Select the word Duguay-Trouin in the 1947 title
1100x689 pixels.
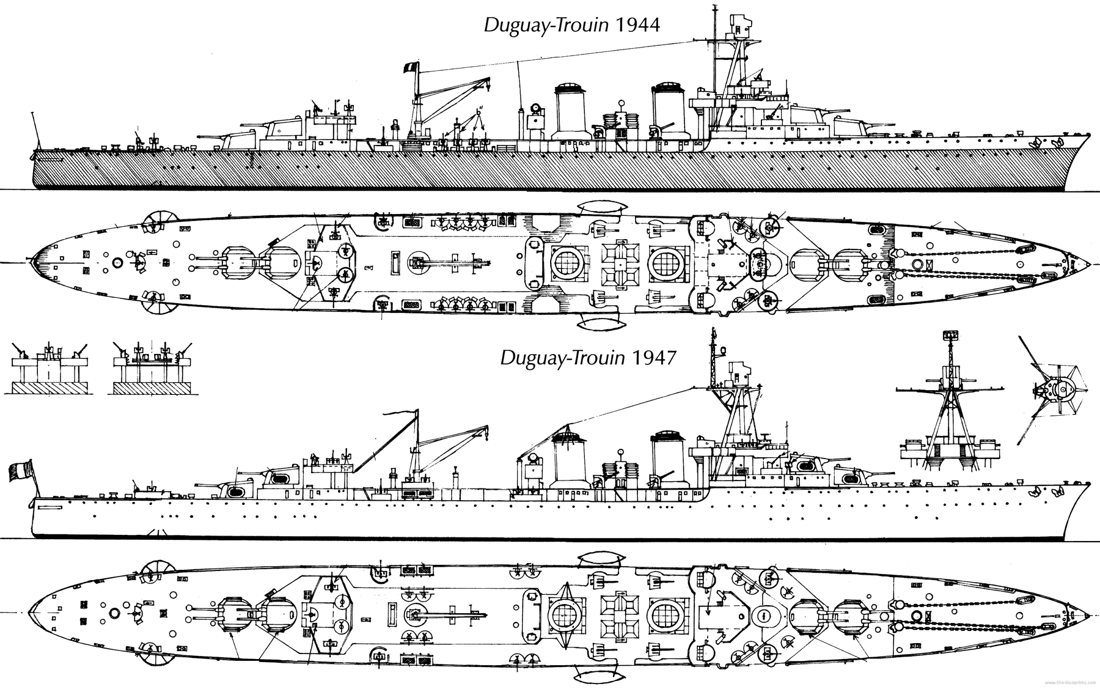(562, 357)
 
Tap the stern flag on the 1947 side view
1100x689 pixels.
(21, 474)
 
